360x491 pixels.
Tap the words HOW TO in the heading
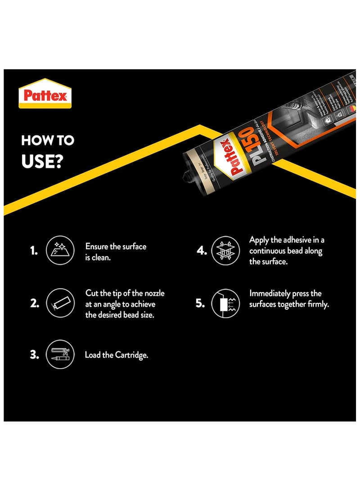(x=47, y=141)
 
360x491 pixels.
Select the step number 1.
(x=34, y=251)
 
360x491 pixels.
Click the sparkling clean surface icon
(x=60, y=251)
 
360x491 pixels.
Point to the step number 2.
(x=34, y=303)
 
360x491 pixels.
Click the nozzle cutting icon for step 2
(x=60, y=303)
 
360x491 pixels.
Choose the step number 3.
(x=34, y=355)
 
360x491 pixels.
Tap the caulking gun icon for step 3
(x=60, y=355)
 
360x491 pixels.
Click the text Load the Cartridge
(x=117, y=355)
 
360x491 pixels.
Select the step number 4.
(x=202, y=251)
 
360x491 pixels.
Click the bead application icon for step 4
(x=225, y=251)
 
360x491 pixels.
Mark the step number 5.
(x=201, y=303)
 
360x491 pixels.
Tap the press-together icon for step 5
(x=225, y=303)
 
